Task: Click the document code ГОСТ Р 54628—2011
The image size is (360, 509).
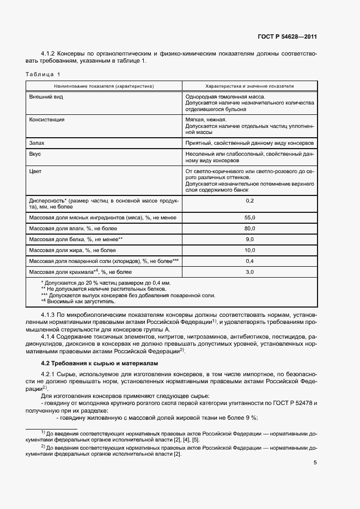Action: coord(287,37)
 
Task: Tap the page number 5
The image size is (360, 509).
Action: coord(315,463)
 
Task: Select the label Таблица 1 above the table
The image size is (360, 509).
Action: coord(44,74)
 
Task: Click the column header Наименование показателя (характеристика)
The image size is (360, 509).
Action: coord(103,86)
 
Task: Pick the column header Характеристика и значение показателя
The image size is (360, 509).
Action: coord(249,86)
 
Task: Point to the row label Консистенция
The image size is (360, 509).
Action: coord(46,119)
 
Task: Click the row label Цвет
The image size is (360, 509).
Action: coord(36,171)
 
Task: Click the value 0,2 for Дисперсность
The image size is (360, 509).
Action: coord(250,201)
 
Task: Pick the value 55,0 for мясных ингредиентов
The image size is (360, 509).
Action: coord(250,217)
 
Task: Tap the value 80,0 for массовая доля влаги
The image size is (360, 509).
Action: coord(250,228)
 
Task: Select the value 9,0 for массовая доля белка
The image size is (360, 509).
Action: coord(250,239)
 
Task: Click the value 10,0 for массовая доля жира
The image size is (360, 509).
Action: coord(250,250)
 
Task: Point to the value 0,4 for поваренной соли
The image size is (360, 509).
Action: coord(250,261)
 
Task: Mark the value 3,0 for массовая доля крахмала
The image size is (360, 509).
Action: coord(250,272)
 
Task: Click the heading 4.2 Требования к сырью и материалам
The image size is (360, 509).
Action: coord(92,363)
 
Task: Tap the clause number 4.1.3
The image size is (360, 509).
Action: coord(50,315)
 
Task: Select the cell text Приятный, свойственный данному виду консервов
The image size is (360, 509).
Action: coord(249,143)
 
